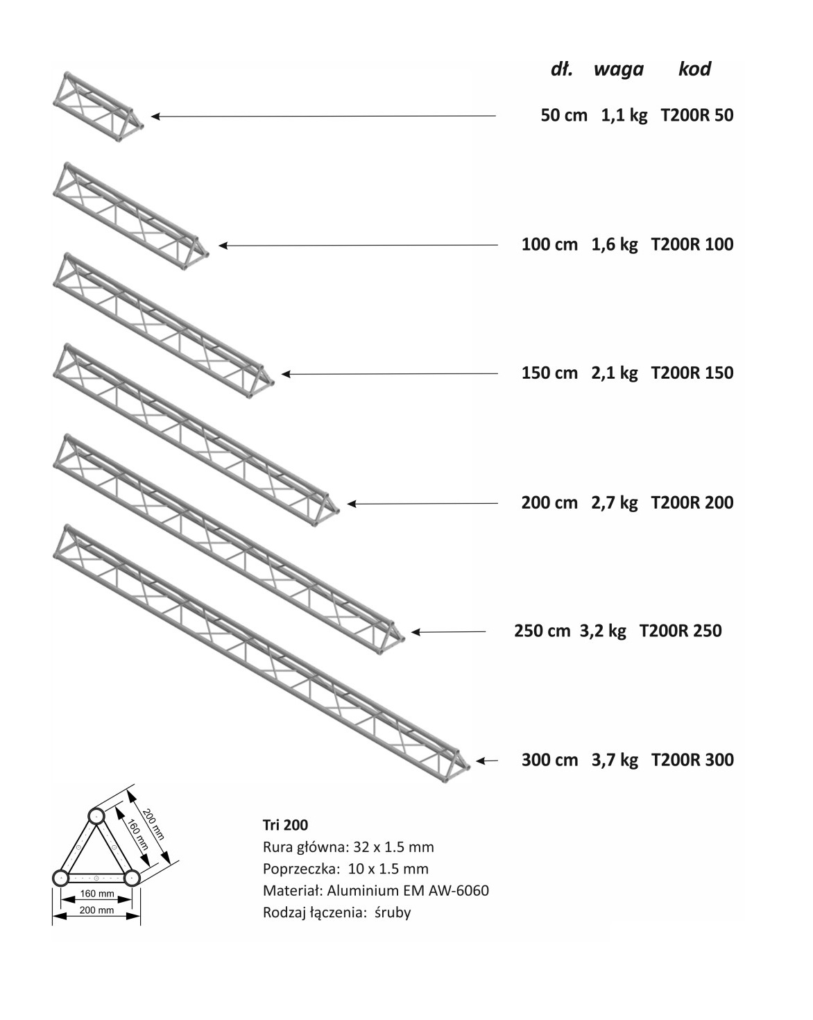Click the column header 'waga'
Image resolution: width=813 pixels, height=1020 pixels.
pyautogui.click(x=618, y=69)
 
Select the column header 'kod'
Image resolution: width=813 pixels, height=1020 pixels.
pyautogui.click(x=694, y=69)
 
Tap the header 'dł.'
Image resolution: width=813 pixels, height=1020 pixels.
pyautogui.click(x=561, y=69)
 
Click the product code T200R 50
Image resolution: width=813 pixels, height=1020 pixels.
pyautogui.click(x=697, y=115)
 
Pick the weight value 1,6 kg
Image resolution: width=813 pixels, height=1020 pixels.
pyautogui.click(x=615, y=244)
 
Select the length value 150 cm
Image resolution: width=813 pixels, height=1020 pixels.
pyautogui.click(x=549, y=373)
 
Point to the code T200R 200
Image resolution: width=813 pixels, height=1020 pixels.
pyautogui.click(x=692, y=502)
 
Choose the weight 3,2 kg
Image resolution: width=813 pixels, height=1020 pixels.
pyautogui.click(x=603, y=631)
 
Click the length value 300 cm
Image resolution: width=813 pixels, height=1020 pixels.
pyautogui.click(x=550, y=760)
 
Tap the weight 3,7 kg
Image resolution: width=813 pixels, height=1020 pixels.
pyautogui.click(x=615, y=760)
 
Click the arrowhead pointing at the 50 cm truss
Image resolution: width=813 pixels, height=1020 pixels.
pyautogui.click(x=155, y=116)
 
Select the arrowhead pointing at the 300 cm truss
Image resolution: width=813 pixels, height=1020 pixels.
pyautogui.click(x=481, y=760)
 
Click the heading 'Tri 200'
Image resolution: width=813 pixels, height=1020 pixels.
pyautogui.click(x=285, y=825)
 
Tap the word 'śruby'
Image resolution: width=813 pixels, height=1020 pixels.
pyautogui.click(x=393, y=913)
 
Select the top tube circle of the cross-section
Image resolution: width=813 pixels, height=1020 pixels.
pyautogui.click(x=96, y=816)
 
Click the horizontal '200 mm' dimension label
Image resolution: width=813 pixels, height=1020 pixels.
pyautogui.click(x=96, y=910)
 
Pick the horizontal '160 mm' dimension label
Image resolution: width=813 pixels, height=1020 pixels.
pyautogui.click(x=97, y=894)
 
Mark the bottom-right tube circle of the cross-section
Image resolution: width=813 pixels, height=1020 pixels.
pyautogui.click(x=132, y=878)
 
